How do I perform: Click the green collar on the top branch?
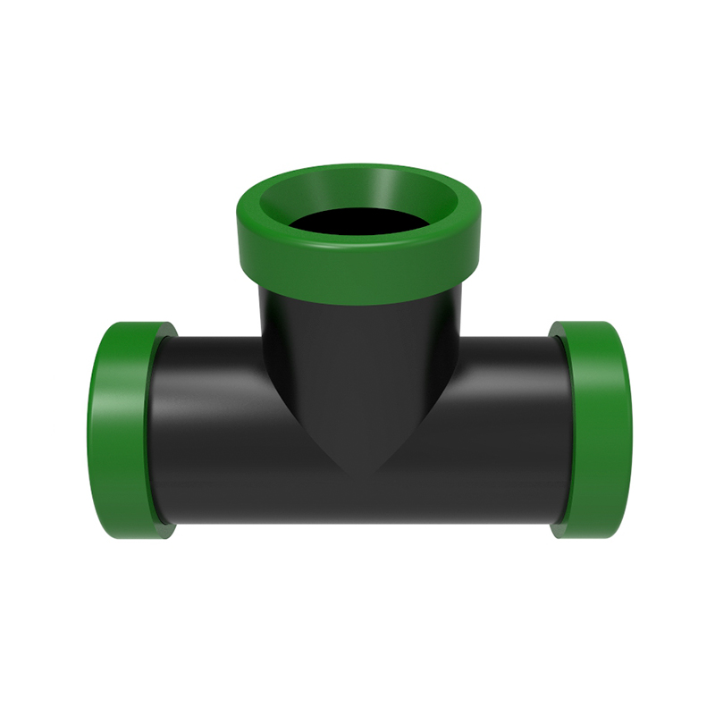pyautogui.click(x=357, y=268)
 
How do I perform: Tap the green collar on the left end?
pyautogui.click(x=125, y=429)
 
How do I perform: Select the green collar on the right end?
pyautogui.click(x=594, y=429)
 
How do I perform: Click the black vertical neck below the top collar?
pyautogui.click(x=357, y=340)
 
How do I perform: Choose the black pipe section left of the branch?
pyautogui.click(x=214, y=429)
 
